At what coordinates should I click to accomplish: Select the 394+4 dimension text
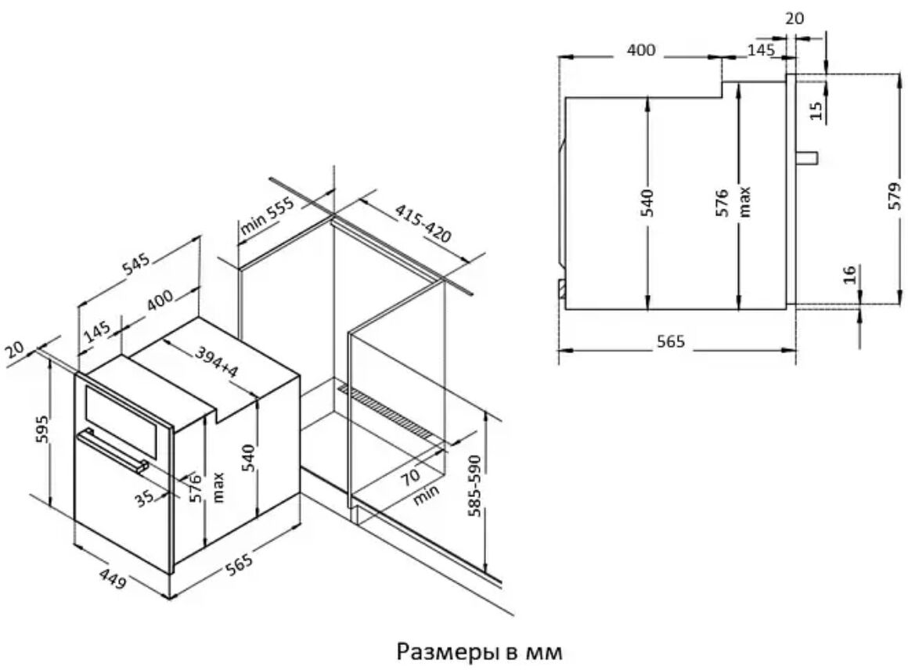216,362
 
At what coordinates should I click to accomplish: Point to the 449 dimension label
113,578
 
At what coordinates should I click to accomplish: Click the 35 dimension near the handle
145,498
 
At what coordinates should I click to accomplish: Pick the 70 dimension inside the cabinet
411,477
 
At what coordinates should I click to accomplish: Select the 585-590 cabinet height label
474,486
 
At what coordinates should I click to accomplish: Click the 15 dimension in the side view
816,110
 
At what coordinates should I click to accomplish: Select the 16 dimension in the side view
849,274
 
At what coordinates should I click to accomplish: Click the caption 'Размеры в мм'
480,651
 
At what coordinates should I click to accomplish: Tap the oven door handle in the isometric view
113,449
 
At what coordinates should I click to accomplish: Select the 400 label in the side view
641,50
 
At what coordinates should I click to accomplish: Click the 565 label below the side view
671,342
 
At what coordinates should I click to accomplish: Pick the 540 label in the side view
647,203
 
